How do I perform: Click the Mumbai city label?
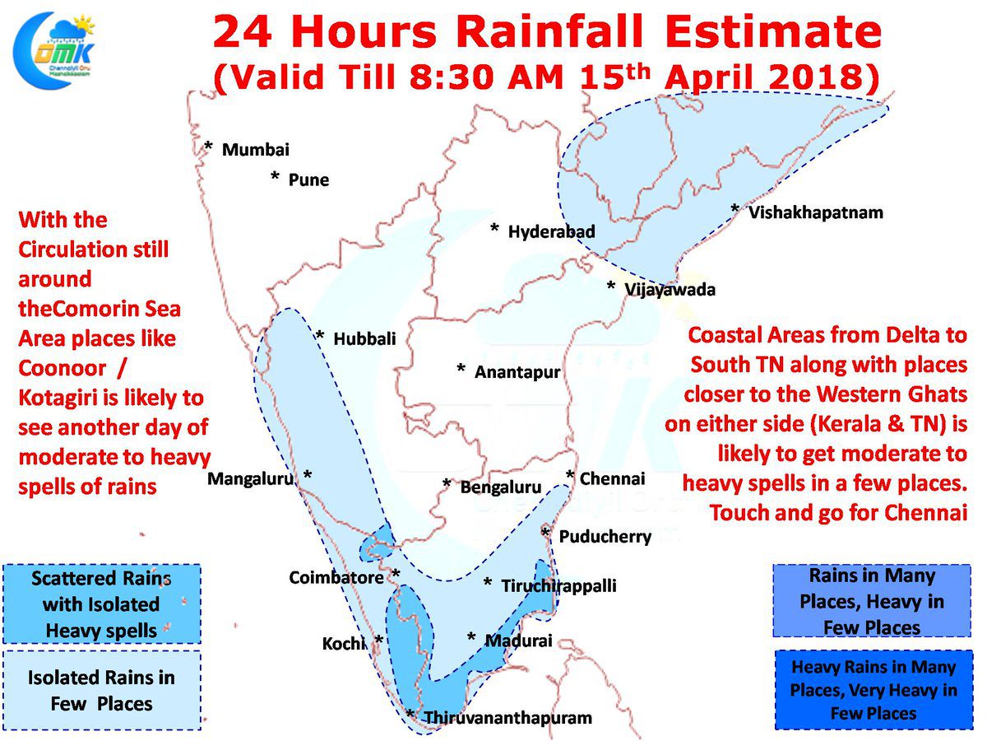pos(255,150)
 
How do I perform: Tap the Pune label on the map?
pos(308,179)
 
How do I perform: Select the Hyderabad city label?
pos(551,231)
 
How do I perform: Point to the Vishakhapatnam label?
pos(815,212)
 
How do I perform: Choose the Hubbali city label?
pos(364,338)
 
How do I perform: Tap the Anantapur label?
pos(517,372)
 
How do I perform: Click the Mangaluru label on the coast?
pos(250,478)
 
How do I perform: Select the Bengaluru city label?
pos(501,487)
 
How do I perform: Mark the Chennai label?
pos(612,478)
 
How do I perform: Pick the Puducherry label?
pos(605,537)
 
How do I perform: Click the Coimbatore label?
pos(336,578)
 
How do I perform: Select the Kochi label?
pos(343,643)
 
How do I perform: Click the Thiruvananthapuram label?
pos(507,718)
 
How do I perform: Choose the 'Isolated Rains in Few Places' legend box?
pos(101,691)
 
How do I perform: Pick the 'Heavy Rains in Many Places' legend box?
pos(873,690)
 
